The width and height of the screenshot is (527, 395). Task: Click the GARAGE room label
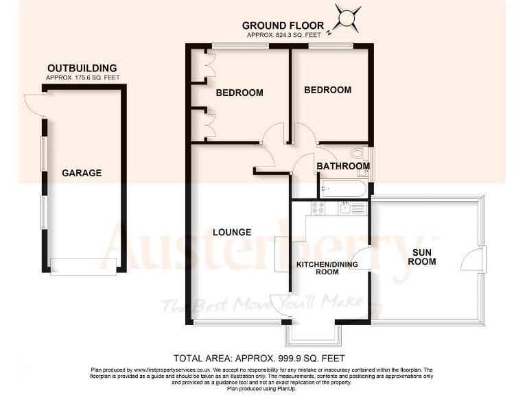pos(82,173)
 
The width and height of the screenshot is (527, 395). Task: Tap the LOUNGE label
pos(231,232)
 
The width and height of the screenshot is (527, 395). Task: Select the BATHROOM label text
pos(342,166)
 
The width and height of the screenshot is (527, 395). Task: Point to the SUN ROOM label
pos(422,256)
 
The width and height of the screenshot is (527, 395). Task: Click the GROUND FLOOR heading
pos(292,26)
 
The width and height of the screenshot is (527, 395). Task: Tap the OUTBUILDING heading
pos(82,69)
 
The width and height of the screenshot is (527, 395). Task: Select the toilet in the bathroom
pos(358,154)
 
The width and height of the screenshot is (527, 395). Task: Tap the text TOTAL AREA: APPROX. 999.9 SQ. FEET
pos(259,358)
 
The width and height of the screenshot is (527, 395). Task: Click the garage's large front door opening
pos(84,265)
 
